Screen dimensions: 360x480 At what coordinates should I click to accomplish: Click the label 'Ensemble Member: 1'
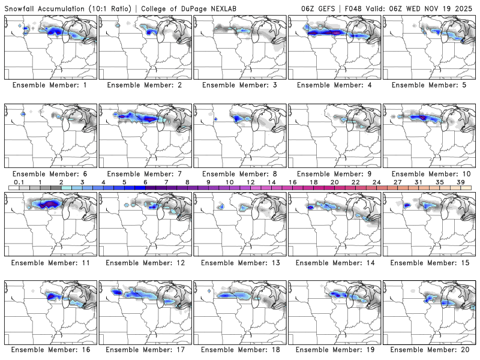[x=51, y=85]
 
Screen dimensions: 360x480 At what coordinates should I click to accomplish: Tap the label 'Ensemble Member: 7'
[x=146, y=173]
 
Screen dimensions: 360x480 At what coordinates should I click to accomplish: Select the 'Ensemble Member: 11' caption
[x=51, y=262]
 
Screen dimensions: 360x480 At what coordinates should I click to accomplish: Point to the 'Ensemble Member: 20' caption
[x=430, y=350]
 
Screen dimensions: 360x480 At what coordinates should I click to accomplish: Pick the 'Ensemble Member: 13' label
[x=241, y=262]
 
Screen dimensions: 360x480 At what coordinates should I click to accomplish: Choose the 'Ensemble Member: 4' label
[x=335, y=85]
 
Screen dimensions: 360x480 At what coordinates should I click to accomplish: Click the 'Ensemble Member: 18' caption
[x=241, y=350]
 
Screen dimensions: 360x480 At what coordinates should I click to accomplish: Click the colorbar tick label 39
[x=460, y=182]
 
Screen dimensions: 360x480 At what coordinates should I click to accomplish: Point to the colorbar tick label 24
[x=376, y=182]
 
